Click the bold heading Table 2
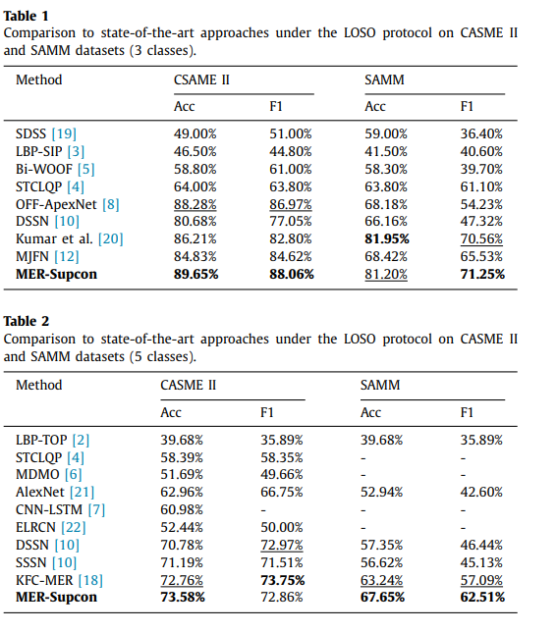27,321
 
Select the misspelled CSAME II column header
202,79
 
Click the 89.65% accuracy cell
195,275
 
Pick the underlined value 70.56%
480,239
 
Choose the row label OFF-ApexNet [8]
67,204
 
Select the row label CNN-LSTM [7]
59,508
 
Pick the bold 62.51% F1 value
480,597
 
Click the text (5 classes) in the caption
165,355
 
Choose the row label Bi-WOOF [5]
55,169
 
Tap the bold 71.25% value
480,275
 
